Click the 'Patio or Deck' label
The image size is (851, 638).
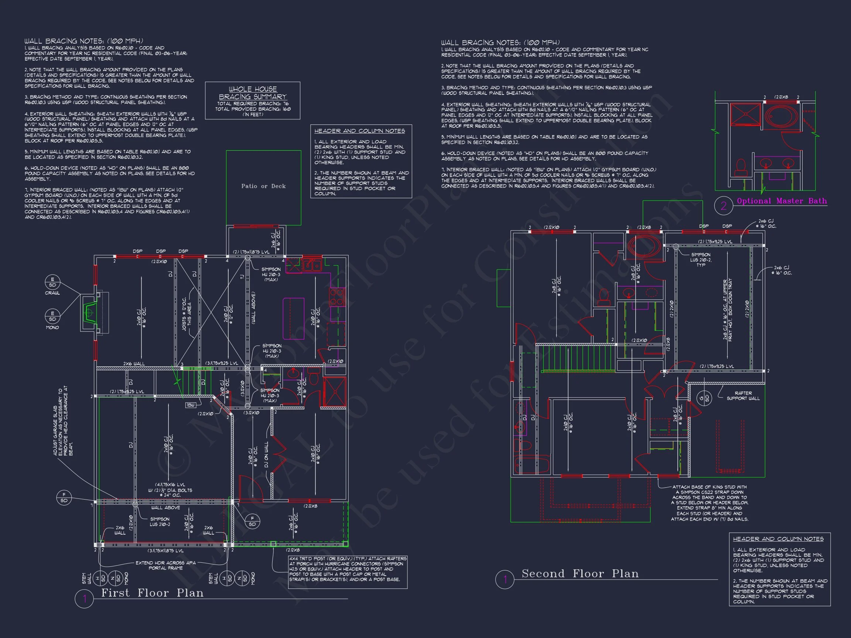point(263,186)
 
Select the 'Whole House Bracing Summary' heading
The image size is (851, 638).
point(252,93)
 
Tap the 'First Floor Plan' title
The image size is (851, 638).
point(152,593)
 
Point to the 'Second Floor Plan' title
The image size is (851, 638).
point(580,573)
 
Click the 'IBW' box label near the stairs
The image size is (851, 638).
point(191,405)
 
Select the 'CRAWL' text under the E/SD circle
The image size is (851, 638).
point(52,293)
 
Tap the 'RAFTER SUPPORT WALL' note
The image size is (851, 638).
point(743,396)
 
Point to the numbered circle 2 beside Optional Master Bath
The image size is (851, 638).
point(723,206)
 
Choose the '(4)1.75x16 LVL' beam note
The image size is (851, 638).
point(170,484)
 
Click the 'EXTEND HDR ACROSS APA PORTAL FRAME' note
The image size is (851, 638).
point(165,565)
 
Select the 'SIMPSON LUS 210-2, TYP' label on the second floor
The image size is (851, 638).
point(701,260)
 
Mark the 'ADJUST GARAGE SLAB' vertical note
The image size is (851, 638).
point(63,421)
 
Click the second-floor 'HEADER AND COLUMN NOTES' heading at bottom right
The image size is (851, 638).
point(778,539)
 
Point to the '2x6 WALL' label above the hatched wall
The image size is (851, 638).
point(134,363)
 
